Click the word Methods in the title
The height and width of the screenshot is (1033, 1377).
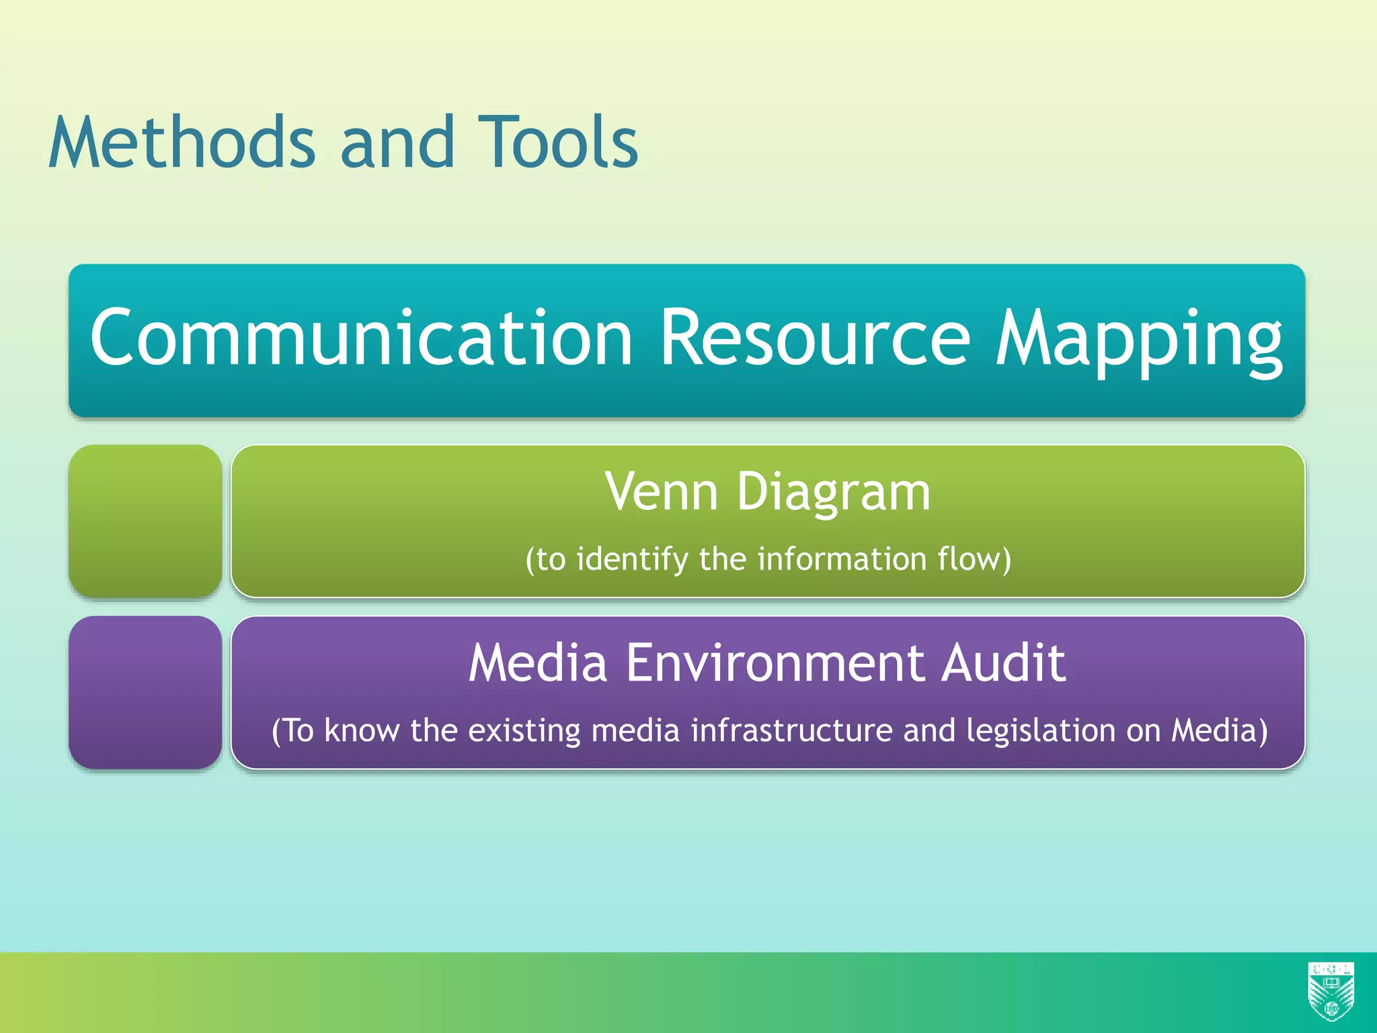click(x=182, y=143)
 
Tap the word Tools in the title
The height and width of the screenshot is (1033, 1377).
click(x=558, y=143)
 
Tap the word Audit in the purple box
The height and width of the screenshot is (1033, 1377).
click(x=1003, y=663)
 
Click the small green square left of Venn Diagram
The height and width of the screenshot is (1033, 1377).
click(x=145, y=521)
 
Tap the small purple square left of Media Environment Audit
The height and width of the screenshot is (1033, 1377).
click(x=145, y=692)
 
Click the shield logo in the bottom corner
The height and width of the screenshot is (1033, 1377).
click(x=1331, y=991)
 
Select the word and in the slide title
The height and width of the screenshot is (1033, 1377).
click(x=397, y=143)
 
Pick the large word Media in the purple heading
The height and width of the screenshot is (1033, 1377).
click(x=538, y=663)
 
